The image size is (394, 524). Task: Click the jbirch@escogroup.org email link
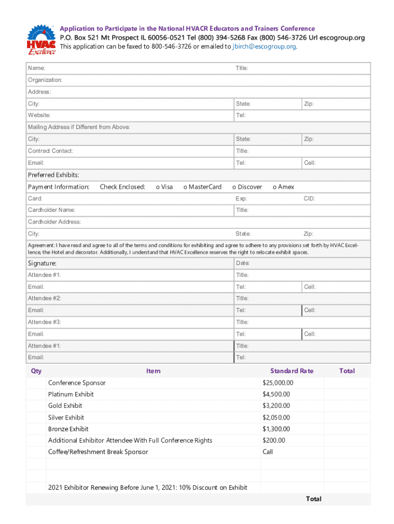coord(264,47)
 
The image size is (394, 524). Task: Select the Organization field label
coord(45,80)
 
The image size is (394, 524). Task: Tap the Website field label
coord(39,116)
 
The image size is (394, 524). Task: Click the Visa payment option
coord(164,187)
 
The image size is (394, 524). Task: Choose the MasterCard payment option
coord(203,187)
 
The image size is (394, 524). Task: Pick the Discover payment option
coord(247,187)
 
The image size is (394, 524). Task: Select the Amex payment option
coord(283,187)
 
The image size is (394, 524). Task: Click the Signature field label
coord(42,264)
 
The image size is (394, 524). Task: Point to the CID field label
coord(310,199)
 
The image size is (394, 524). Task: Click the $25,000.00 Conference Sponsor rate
coord(278,383)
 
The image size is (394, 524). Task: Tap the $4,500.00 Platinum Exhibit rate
coord(276,395)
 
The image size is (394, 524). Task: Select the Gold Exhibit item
coord(65,406)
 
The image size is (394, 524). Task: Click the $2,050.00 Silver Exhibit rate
coord(276,418)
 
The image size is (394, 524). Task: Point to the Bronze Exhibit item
coord(68,429)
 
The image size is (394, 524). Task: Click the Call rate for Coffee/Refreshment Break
coord(268,452)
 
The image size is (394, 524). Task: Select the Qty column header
coord(36,371)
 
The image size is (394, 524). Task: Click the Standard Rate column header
coord(292,371)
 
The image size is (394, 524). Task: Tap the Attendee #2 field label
coord(44,298)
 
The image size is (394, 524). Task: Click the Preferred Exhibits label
coord(53,175)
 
